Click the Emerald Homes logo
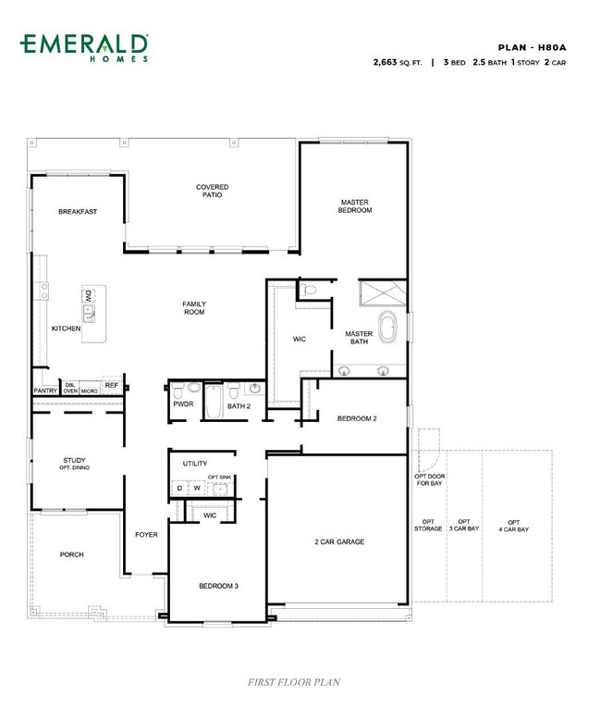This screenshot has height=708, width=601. [84, 47]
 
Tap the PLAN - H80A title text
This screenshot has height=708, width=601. [532, 47]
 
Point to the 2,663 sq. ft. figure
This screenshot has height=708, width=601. [398, 62]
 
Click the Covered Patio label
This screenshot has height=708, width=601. [212, 191]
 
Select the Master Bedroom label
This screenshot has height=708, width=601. [355, 205]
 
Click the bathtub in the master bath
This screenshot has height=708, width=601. [387, 327]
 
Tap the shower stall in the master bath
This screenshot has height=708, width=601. [383, 293]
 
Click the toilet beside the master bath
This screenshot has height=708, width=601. [309, 290]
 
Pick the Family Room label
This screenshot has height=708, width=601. [194, 308]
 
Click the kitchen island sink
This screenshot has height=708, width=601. [89, 314]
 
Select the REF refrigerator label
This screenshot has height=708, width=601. [112, 385]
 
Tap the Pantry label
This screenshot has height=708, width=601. [45, 391]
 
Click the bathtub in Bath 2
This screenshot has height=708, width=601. [213, 402]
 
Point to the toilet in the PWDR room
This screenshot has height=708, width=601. [178, 391]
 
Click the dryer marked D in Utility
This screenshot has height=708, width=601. [179, 488]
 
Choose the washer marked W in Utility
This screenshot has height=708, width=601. [197, 488]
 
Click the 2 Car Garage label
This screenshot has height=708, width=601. [339, 541]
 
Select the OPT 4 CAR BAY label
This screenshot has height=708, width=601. [513, 526]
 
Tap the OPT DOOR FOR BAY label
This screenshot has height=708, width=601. [430, 479]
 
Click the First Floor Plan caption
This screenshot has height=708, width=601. [294, 682]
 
